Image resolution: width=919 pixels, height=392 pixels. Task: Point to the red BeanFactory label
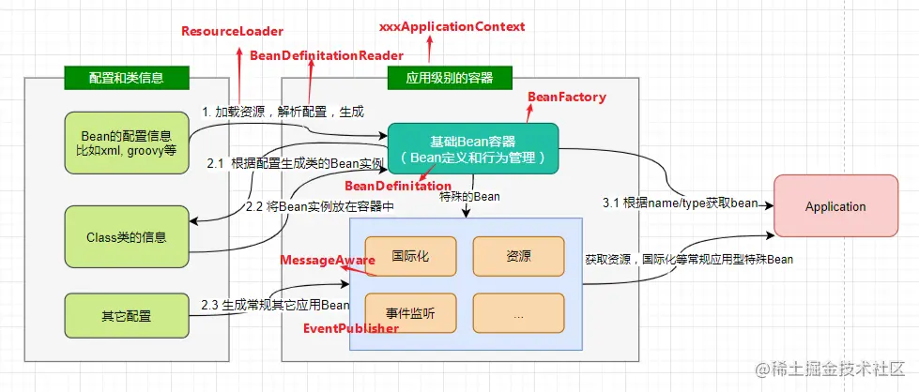567,97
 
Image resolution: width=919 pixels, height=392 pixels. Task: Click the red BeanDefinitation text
398,186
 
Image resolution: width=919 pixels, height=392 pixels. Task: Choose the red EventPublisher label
351,329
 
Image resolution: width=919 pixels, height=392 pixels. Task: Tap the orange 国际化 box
410,256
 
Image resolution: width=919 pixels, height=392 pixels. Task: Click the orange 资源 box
518,256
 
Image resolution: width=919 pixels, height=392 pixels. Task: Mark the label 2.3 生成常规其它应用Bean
275,305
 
